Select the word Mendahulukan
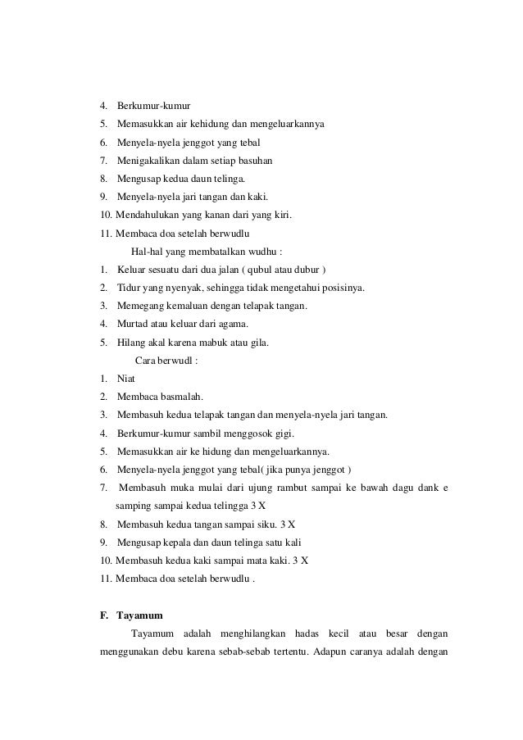click(145, 215)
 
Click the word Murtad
click(133, 324)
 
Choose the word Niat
click(126, 379)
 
